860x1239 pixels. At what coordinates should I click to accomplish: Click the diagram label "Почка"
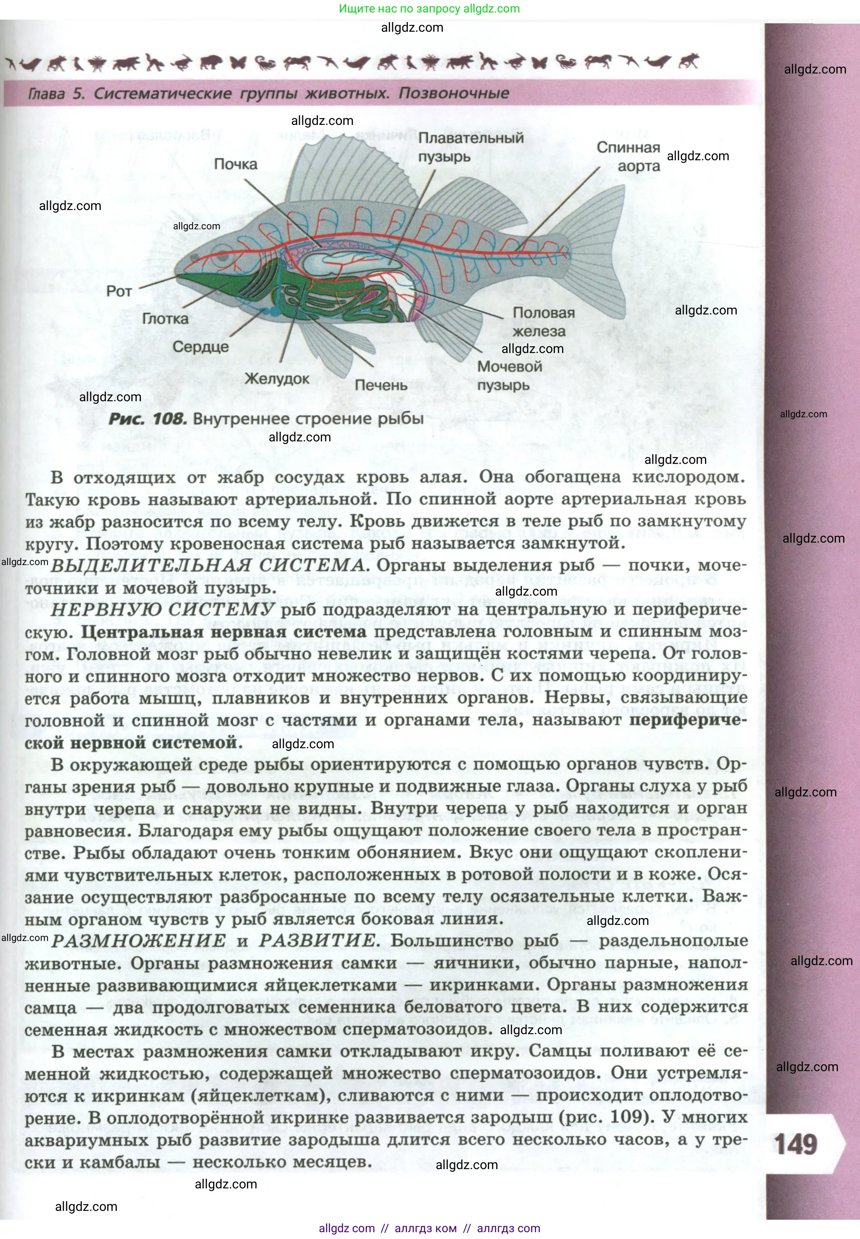tap(235, 164)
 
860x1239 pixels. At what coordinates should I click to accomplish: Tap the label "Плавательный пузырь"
tap(471, 147)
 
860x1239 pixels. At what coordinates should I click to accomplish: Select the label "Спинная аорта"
tap(628, 156)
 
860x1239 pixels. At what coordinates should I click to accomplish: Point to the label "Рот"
tap(119, 292)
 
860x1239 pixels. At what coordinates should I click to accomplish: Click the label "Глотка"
tap(165, 318)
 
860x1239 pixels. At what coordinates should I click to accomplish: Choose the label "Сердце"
tap(200, 347)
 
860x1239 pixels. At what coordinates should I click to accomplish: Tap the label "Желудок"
tap(277, 378)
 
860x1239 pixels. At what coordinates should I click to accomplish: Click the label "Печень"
tap(381, 385)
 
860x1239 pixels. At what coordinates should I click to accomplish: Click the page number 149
tap(795, 1144)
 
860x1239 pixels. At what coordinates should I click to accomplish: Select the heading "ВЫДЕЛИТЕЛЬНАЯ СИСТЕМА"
tap(208, 566)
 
